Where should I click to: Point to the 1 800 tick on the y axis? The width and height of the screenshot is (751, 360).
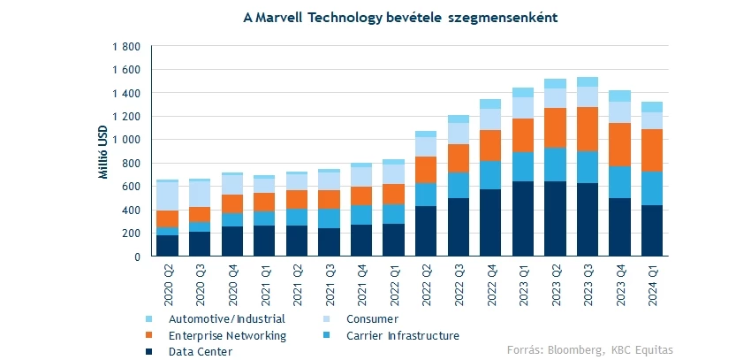127,46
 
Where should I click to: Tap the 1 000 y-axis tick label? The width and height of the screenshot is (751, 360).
127,140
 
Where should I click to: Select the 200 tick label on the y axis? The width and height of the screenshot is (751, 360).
133,234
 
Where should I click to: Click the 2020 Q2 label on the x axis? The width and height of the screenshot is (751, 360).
168,283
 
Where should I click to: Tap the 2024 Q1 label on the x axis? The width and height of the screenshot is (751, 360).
652,283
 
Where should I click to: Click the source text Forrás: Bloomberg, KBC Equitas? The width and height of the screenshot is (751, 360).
589,350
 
